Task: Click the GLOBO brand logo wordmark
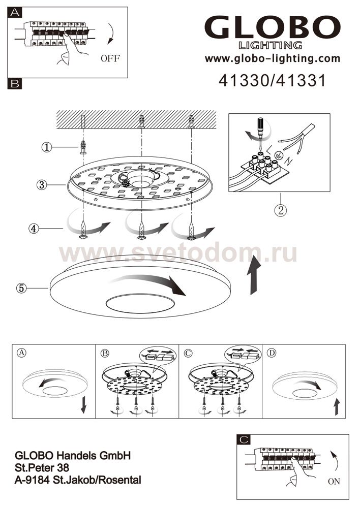click(x=273, y=27)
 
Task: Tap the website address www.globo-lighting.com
click(x=273, y=58)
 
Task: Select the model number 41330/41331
click(x=272, y=81)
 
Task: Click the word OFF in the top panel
click(x=110, y=58)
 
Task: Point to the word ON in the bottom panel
click(x=334, y=482)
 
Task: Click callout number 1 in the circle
click(x=47, y=147)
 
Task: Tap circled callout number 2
click(x=281, y=210)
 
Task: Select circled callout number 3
click(x=42, y=185)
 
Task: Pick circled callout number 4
click(x=34, y=229)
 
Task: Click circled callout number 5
click(x=21, y=288)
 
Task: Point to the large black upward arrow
click(x=255, y=275)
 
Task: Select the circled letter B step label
click(x=105, y=353)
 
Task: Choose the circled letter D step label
click(x=272, y=353)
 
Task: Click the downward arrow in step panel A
click(x=84, y=404)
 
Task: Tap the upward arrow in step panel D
click(x=337, y=406)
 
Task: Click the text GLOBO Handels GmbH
click(x=73, y=456)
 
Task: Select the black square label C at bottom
click(x=244, y=439)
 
